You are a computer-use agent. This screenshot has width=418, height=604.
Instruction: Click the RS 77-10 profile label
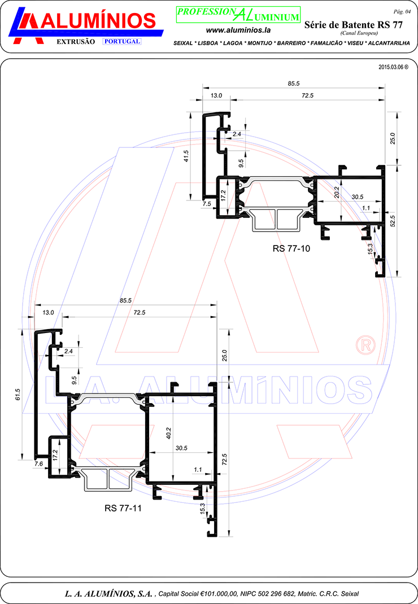coord(291,248)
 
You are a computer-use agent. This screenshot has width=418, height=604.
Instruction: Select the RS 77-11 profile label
coord(123,508)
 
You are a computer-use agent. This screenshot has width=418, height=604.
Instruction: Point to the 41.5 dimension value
coord(186,156)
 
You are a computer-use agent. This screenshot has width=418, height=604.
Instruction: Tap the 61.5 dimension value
coord(18,395)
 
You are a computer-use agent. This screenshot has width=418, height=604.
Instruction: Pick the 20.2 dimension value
coord(337,192)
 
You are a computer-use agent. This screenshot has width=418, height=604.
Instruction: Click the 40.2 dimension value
coord(168,434)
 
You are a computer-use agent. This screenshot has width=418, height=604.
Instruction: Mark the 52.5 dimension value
coord(393,221)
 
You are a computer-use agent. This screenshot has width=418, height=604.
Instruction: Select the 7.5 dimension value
coord(207,204)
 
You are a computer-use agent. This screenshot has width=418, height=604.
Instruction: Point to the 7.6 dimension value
coord(38,464)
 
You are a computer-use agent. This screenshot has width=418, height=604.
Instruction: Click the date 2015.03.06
coord(391,67)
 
